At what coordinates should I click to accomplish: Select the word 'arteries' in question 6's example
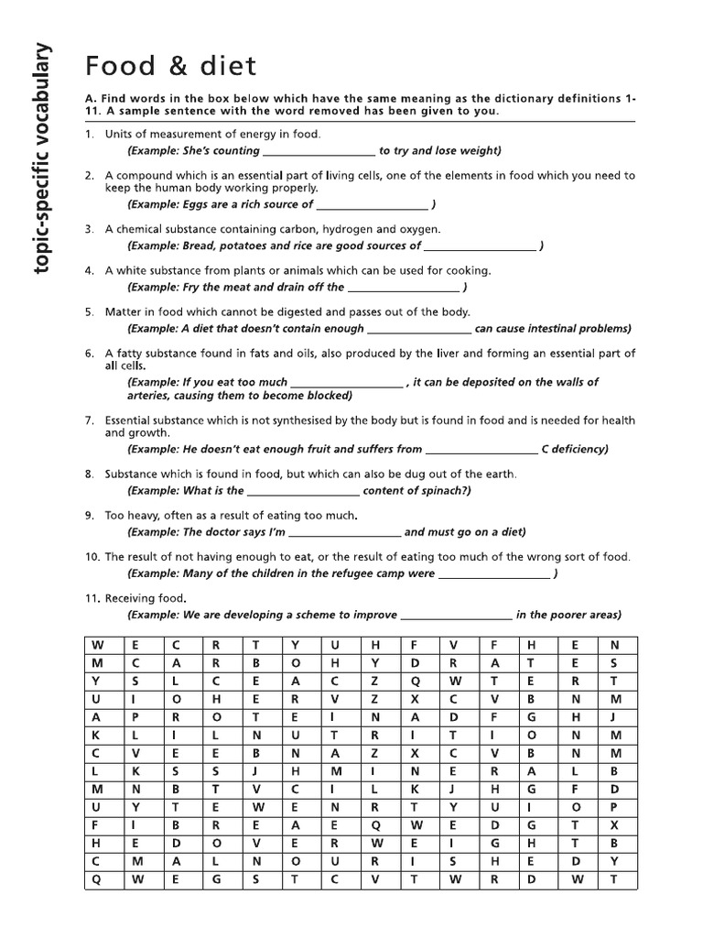coord(146,396)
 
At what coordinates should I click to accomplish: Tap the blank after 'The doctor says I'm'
coord(345,532)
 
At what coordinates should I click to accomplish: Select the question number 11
coord(91,597)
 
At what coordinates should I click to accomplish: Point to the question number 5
coord(91,311)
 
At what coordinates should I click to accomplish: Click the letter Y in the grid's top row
coord(295,644)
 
